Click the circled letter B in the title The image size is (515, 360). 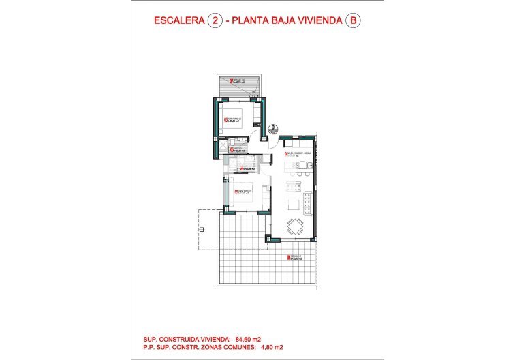click(x=352, y=20)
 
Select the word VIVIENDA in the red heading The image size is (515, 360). click(x=317, y=21)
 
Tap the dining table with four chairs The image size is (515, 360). click(x=295, y=226)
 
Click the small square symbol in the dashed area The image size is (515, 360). click(x=201, y=229)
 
